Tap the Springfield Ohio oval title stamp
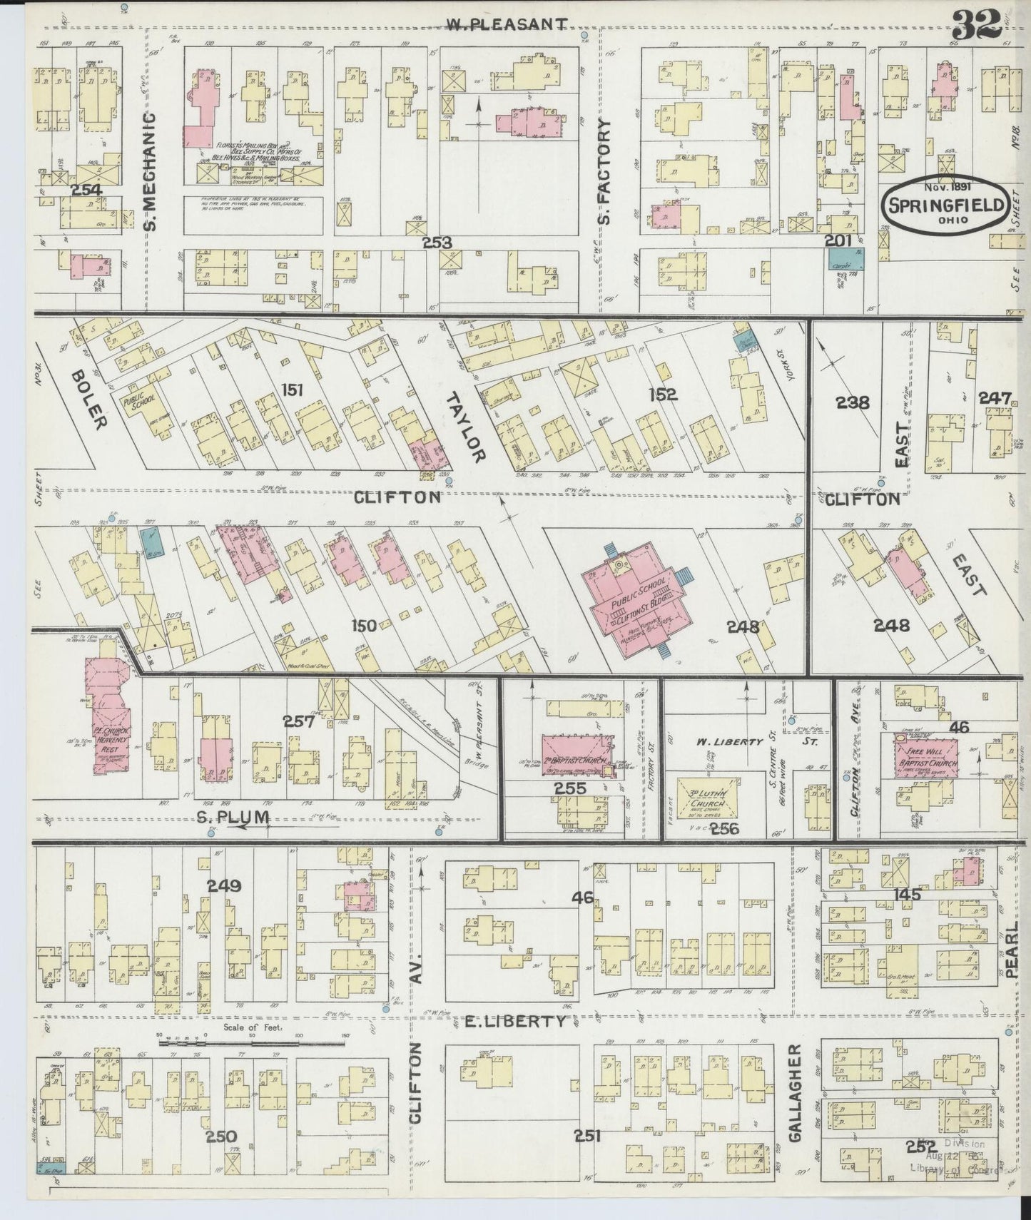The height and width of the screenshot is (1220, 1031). (947, 205)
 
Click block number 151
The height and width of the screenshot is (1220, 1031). (293, 390)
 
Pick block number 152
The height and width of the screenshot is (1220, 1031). (663, 394)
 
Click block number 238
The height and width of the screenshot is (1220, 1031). (853, 402)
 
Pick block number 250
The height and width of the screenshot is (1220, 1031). (220, 1136)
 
